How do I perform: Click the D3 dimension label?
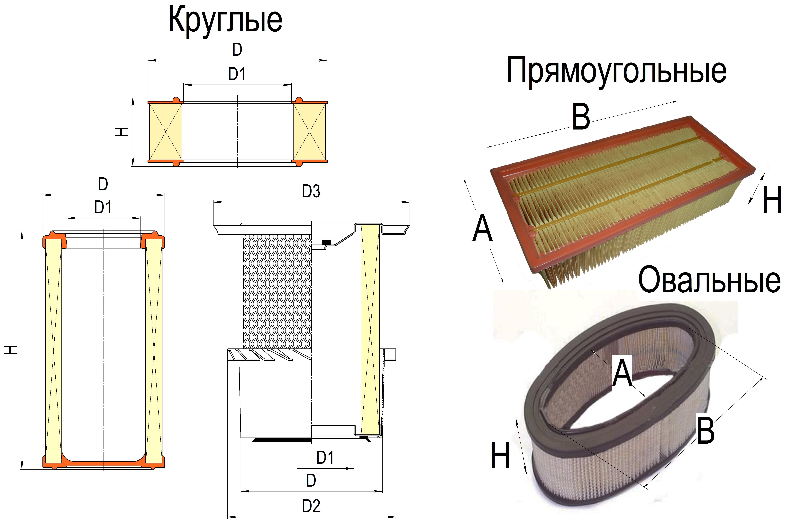pos(311,191)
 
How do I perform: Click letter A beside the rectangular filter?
pos(482,228)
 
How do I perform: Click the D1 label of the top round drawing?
pos(237,74)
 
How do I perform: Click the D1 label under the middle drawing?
pos(325,458)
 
